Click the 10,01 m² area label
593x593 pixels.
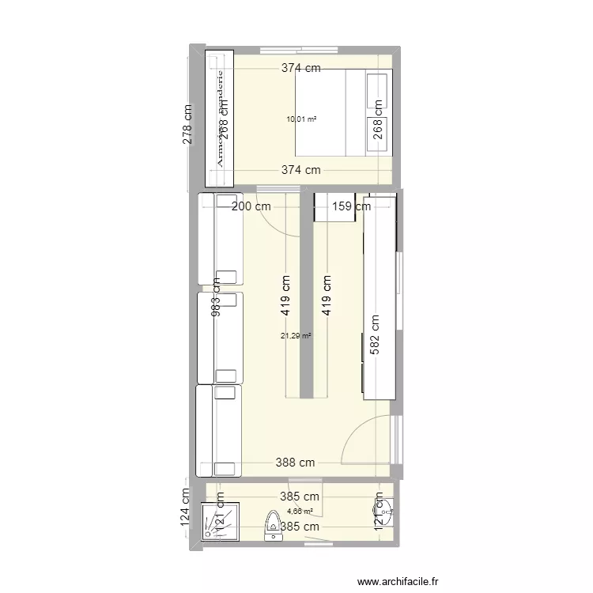tap(301, 119)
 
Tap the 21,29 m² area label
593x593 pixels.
tap(296, 336)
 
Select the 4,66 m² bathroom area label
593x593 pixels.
tap(299, 511)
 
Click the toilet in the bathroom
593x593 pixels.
tap(273, 523)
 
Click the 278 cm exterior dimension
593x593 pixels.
tap(187, 124)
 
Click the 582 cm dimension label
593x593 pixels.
tap(374, 337)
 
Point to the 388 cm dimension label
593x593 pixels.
tap(295, 463)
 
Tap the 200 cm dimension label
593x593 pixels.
tap(251, 206)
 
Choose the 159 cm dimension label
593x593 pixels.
tap(351, 207)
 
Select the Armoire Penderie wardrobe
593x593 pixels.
tap(220, 119)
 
